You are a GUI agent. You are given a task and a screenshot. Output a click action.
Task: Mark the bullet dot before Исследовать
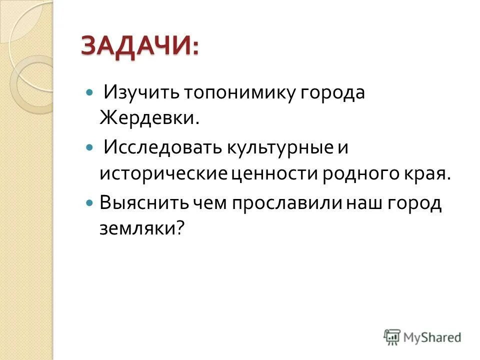[x=90, y=148]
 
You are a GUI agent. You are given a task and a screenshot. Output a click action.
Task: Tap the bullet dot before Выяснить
[x=90, y=203]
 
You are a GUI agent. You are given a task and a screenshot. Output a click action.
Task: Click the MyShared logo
[x=422, y=337]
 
